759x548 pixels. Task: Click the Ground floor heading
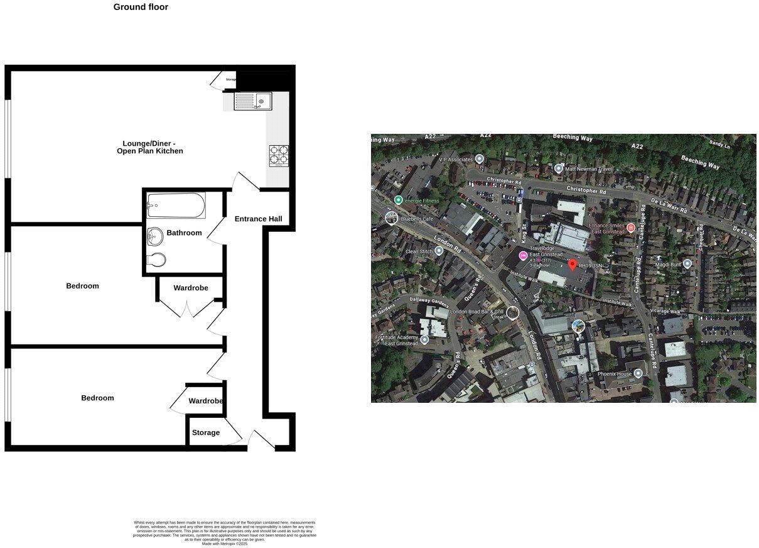click(x=141, y=8)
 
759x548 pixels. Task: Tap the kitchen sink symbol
click(x=252, y=101)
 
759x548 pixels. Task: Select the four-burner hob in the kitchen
click(x=279, y=155)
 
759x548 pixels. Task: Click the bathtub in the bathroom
click(x=176, y=205)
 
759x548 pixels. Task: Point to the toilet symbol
click(x=156, y=259)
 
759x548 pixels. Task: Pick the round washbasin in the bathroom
click(x=154, y=236)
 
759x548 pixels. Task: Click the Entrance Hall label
click(x=258, y=219)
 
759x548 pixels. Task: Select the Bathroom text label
click(x=184, y=233)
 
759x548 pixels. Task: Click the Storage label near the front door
click(x=206, y=433)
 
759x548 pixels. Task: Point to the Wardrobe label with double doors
click(x=191, y=288)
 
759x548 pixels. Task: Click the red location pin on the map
click(x=572, y=265)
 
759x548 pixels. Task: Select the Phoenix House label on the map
click(x=615, y=374)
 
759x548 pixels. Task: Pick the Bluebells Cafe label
click(x=418, y=219)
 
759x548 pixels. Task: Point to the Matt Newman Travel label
click(x=588, y=168)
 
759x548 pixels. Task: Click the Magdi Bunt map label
click(x=668, y=265)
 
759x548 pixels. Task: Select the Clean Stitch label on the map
click(x=419, y=251)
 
